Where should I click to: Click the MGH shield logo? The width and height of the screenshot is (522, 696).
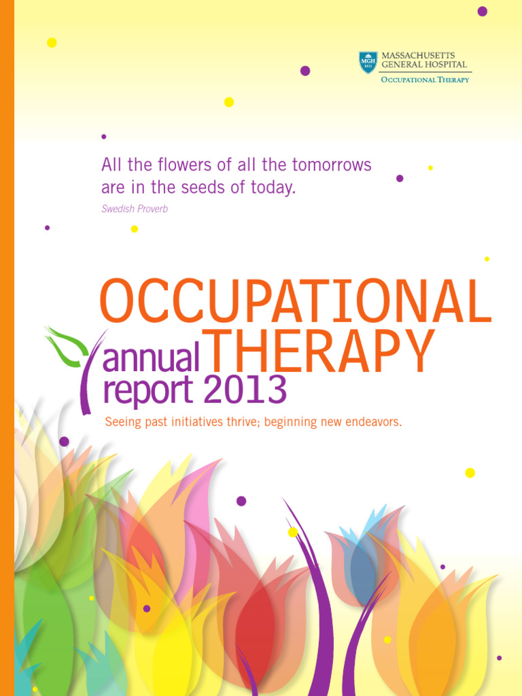[x=368, y=63]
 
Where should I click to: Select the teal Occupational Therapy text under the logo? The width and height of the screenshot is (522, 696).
[x=425, y=80]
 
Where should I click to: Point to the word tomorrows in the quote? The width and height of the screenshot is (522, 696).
[x=332, y=164]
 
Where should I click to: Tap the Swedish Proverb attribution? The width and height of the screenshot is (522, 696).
[x=135, y=209]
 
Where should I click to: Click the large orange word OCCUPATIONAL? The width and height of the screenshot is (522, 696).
[x=295, y=301]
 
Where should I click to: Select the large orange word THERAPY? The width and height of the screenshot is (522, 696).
[x=319, y=352]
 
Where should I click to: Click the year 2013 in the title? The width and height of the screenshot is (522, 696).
[x=245, y=390]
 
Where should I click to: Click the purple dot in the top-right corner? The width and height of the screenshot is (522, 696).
[x=482, y=11]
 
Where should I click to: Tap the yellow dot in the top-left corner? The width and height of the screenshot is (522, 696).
[x=52, y=42]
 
